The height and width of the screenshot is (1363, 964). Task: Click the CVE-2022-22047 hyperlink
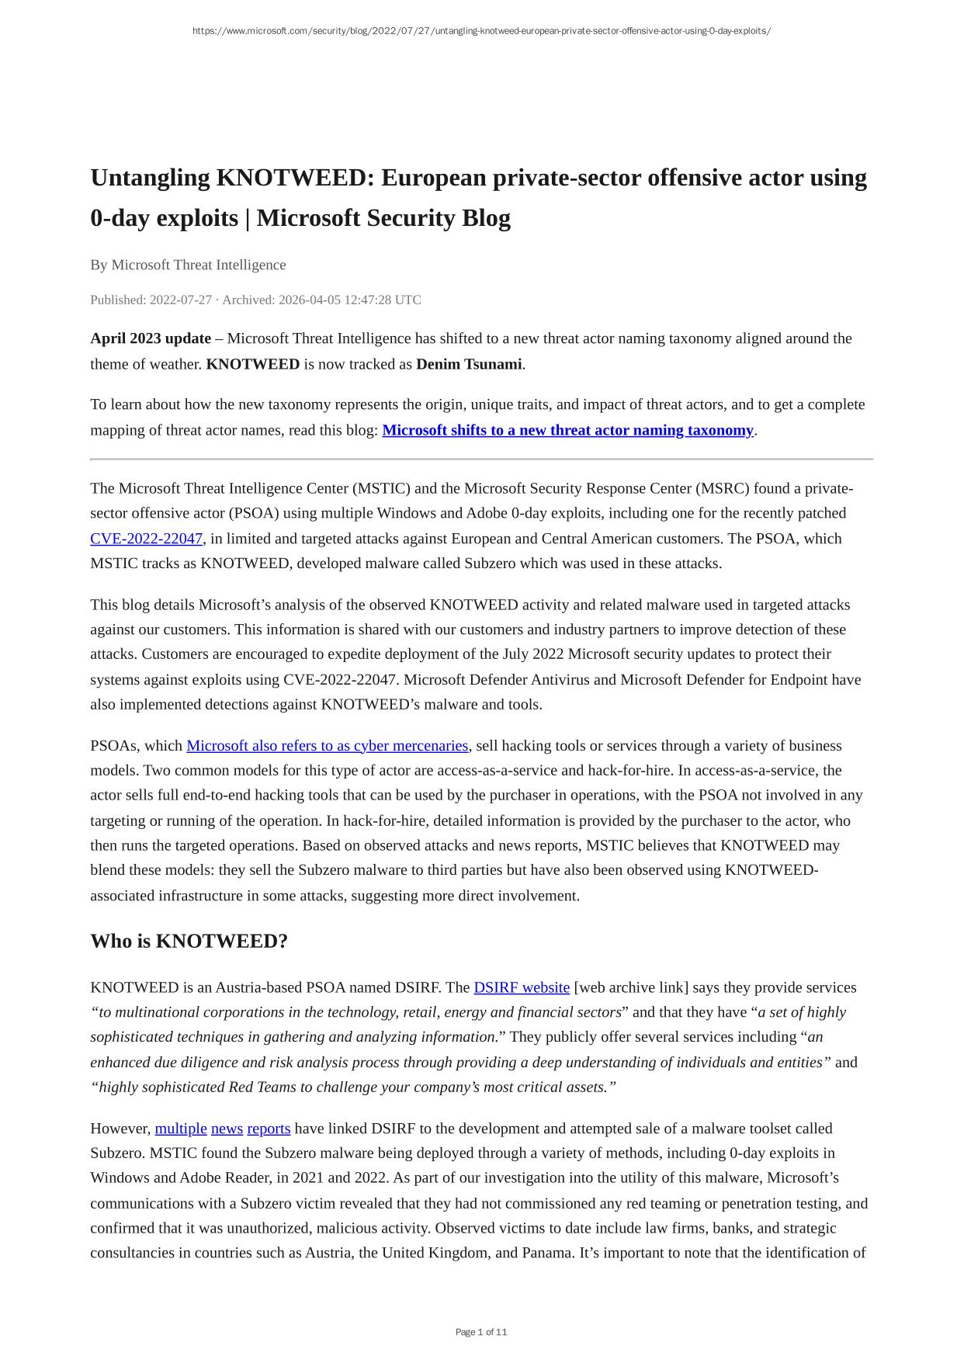146,539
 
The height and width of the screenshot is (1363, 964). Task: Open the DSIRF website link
522,987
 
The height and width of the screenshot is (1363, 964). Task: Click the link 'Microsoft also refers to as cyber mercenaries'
327,746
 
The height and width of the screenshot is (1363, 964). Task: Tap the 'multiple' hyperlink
181,1129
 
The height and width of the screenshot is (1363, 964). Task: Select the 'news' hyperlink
227,1129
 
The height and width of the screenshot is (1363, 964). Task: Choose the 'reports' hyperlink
269,1129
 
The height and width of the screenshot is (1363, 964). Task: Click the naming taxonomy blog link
567,431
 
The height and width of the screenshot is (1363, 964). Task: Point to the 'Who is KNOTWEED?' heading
189,941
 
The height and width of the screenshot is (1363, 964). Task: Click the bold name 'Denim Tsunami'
469,364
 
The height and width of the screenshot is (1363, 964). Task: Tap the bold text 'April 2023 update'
151,338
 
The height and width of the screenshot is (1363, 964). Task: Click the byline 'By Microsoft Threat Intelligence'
188,265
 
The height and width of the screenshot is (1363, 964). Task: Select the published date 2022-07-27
180,300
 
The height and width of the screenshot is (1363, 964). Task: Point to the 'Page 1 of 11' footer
481,1332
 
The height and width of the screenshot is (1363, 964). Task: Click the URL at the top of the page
481,31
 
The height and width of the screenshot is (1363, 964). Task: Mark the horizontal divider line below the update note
481,460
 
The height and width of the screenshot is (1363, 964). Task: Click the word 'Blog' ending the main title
486,218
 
